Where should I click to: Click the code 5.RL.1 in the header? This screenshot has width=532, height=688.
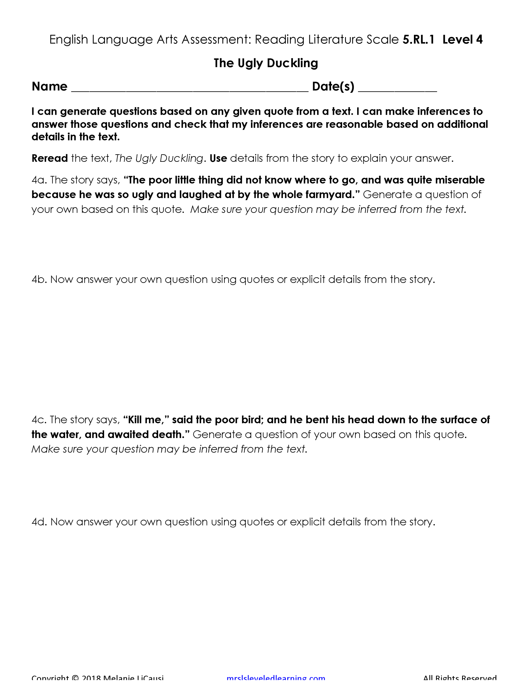418,40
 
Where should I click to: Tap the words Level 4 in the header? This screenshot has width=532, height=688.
462,40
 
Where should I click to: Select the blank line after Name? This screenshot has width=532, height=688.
190,89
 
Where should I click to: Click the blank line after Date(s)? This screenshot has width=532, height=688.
397,89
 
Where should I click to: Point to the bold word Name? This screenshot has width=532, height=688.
49,86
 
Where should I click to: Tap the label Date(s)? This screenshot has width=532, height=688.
333,86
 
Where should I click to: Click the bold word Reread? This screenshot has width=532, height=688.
49,158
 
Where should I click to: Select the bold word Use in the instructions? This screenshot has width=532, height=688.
218,158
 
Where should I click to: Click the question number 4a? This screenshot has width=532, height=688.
39,180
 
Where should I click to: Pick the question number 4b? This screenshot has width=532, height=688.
39,279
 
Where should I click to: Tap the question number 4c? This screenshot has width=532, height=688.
39,420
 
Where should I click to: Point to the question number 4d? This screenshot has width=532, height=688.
39,522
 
